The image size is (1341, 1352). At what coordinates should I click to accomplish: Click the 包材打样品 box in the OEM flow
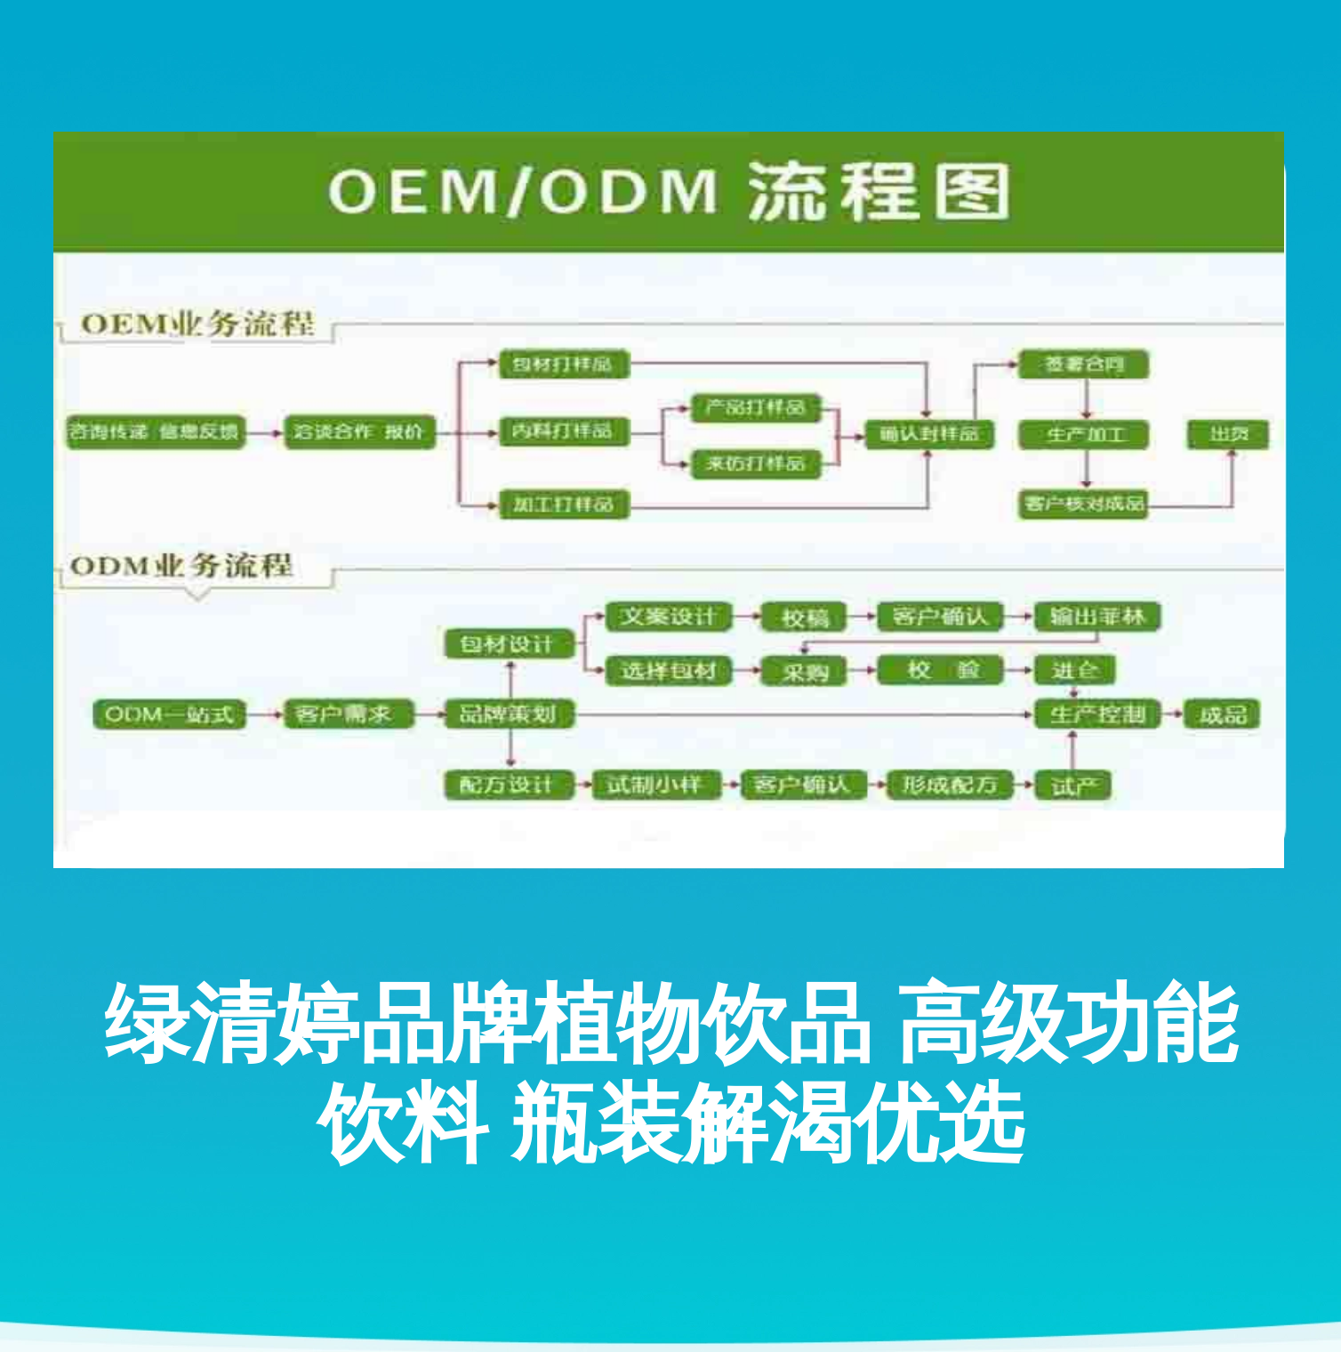click(564, 365)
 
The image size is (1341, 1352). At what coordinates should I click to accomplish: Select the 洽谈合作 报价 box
click(358, 432)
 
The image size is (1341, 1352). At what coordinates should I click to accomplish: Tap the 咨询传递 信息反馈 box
click(155, 432)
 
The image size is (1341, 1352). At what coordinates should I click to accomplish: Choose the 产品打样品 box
click(755, 408)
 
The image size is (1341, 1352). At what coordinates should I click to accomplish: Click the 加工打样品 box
click(564, 504)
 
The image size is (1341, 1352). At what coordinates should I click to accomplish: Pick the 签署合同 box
click(1083, 365)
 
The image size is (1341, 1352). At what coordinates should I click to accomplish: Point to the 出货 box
click(1229, 434)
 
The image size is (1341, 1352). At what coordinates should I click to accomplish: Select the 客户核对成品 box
click(1083, 504)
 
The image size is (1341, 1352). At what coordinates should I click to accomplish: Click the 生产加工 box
click(1083, 435)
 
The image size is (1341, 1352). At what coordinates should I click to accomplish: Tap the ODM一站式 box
click(169, 714)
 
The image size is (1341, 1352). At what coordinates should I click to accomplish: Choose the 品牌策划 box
click(509, 714)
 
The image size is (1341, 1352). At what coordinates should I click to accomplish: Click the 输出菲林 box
click(1097, 616)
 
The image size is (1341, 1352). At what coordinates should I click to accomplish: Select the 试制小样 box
click(654, 785)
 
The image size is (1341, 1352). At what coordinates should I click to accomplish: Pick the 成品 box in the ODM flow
click(1223, 714)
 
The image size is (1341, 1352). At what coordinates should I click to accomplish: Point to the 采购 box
click(805, 672)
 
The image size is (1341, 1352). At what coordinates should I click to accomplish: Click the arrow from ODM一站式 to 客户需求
click(264, 714)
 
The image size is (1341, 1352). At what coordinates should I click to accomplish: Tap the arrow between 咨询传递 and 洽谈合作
click(264, 433)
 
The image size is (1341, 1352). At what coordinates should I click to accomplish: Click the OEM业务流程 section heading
click(197, 324)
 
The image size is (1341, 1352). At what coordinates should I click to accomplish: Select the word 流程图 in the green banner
click(879, 191)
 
